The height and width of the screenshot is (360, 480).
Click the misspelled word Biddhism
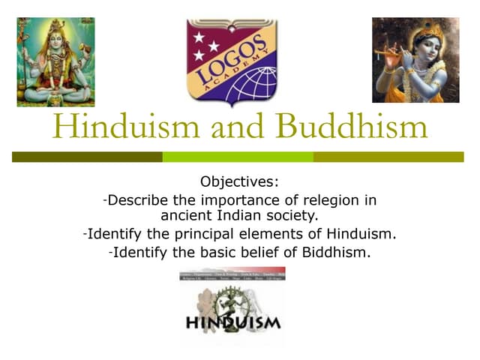click(336, 252)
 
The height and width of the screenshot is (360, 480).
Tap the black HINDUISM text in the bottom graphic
click(233, 324)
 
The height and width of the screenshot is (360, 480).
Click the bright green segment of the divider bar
click(238, 157)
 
